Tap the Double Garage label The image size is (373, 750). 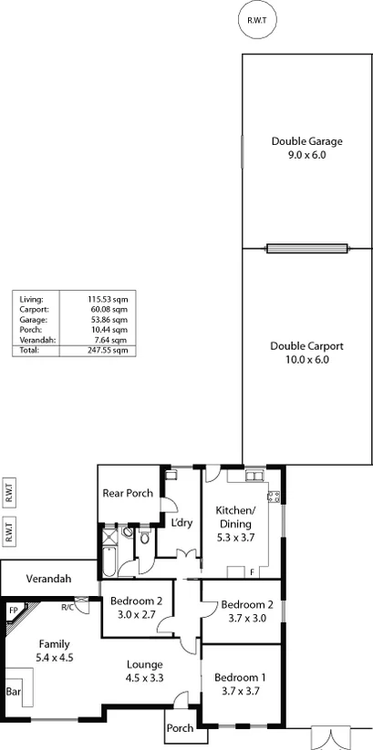(306, 141)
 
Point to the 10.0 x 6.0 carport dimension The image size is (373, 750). (306, 359)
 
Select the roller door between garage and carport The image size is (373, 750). (306, 247)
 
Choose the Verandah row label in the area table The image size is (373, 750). (36, 340)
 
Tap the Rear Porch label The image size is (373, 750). (127, 493)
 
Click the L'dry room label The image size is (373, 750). (180, 523)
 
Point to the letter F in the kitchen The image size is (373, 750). (252, 572)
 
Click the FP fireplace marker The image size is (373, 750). (15, 611)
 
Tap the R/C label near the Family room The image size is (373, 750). (67, 607)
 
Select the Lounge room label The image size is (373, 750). (144, 664)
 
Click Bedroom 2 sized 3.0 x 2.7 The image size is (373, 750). (136, 601)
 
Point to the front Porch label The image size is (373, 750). (180, 728)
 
